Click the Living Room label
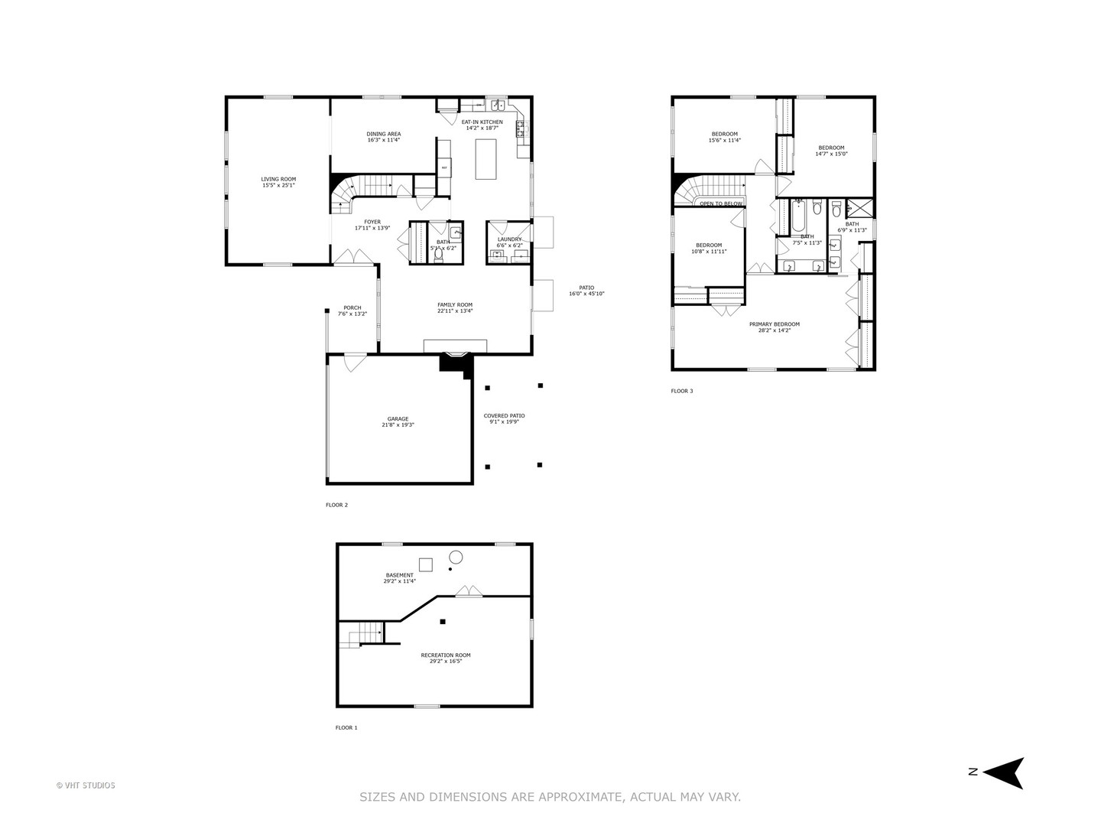point(278,180)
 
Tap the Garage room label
point(398,419)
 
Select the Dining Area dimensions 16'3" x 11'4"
point(384,141)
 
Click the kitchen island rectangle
point(486,159)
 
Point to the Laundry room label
point(509,239)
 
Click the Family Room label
point(455,305)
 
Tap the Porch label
point(352,308)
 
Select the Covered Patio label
point(504,416)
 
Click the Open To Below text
point(721,203)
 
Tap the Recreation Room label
point(446,655)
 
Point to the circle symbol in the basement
point(456,556)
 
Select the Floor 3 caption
point(682,392)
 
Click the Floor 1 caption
point(346,728)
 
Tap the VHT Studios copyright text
point(86,785)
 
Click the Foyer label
point(367,222)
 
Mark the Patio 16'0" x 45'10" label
point(586,291)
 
